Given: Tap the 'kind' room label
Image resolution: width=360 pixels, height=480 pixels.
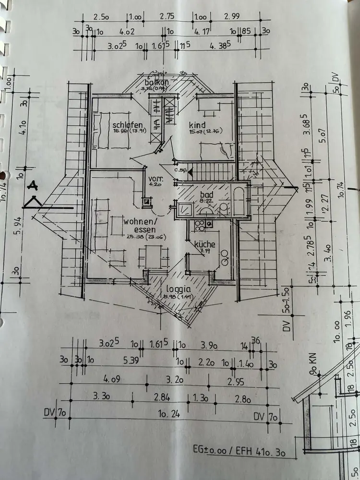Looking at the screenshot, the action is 197,125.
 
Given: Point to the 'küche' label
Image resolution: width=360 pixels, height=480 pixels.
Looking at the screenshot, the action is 204,244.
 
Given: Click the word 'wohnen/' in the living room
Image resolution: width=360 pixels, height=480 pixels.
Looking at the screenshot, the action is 140,222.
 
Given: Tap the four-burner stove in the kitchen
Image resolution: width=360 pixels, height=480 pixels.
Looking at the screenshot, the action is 208,224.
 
